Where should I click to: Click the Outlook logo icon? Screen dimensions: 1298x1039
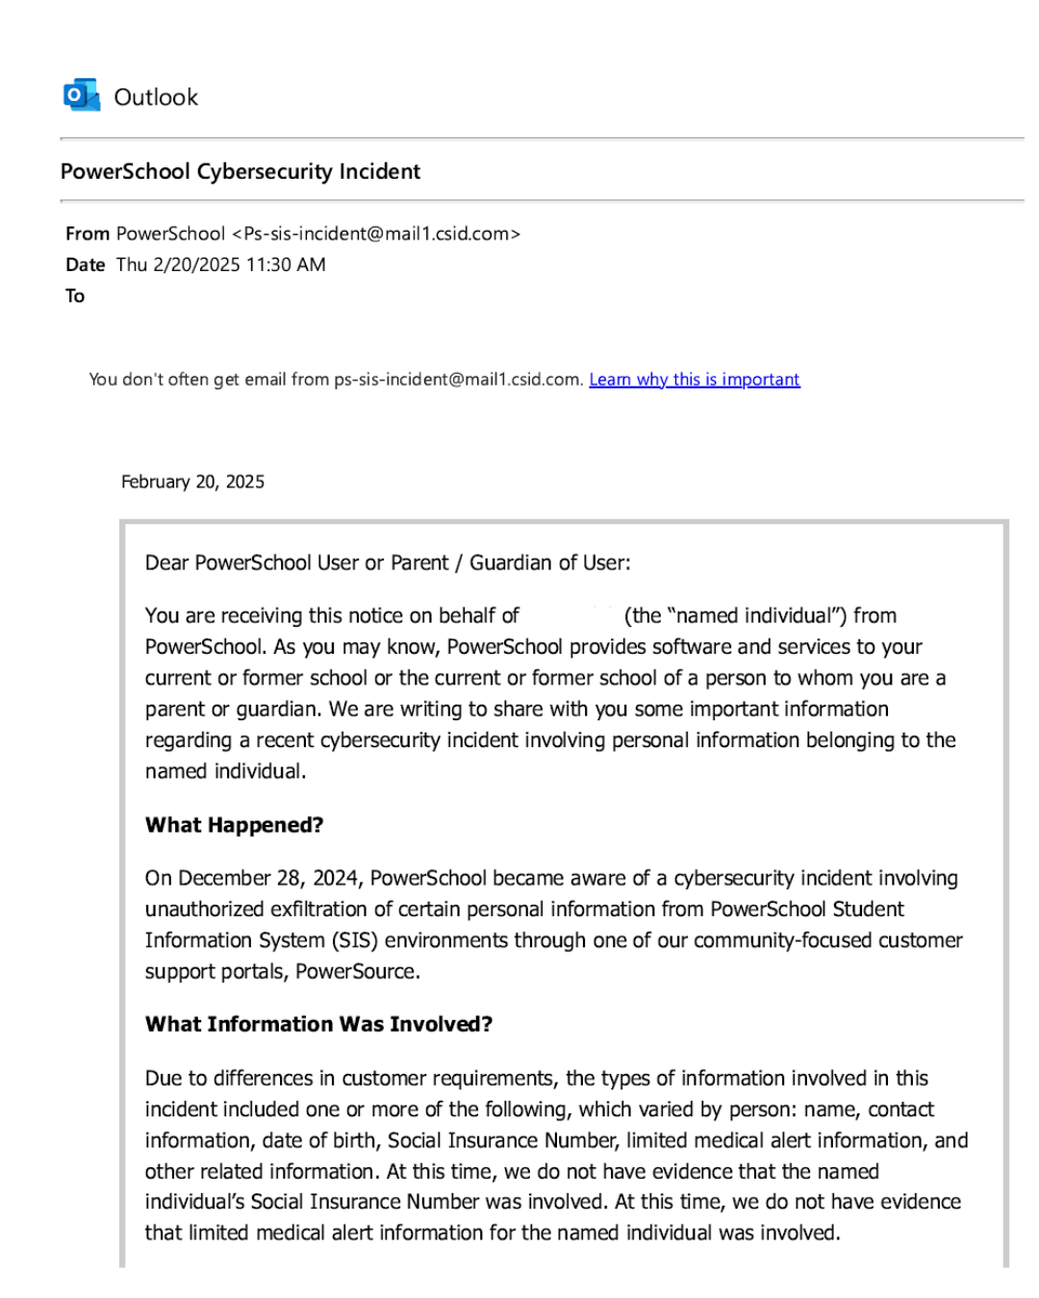point(82,96)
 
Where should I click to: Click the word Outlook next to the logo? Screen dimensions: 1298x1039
point(156,97)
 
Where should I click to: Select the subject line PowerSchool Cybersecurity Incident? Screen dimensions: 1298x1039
point(241,171)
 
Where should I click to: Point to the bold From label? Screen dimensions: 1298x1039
point(87,234)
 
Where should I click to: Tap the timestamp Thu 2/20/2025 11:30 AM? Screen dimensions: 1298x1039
point(220,264)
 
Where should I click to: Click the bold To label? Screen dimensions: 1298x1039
point(75,296)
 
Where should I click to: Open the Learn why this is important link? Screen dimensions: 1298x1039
point(694,379)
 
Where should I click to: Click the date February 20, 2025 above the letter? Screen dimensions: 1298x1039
point(192,482)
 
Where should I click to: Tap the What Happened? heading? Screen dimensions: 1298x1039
point(234,825)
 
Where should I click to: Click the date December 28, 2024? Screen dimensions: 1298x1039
point(252,878)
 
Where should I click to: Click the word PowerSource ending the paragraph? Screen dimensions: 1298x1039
point(356,971)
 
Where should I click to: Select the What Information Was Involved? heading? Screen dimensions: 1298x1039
point(318,1024)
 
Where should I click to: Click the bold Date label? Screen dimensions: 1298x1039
point(85,264)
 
